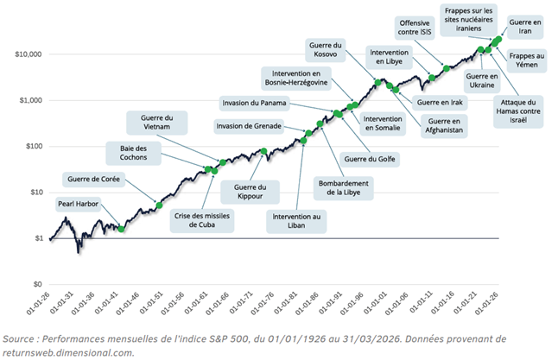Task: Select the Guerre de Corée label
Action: [x=92, y=180]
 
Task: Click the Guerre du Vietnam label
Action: [x=157, y=122]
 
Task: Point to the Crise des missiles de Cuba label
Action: [x=201, y=219]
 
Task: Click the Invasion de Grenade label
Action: [x=253, y=127]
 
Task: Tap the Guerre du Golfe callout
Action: [x=369, y=159]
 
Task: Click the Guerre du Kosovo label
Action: [x=326, y=48]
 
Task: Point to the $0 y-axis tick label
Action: [x=37, y=284]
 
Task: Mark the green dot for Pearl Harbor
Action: [x=122, y=229]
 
